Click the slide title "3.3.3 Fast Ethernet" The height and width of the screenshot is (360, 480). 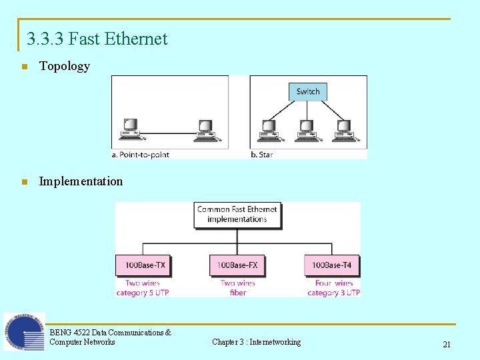click(97, 39)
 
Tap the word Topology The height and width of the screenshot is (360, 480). click(64, 66)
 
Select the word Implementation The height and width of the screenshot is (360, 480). click(81, 181)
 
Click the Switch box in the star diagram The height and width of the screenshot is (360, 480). click(308, 91)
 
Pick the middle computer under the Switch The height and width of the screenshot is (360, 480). click(307, 130)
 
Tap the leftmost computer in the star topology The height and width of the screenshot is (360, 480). click(269, 130)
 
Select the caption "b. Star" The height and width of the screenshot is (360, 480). click(262, 155)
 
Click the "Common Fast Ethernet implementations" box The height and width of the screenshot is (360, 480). click(237, 214)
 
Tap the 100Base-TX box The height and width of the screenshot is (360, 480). click(145, 265)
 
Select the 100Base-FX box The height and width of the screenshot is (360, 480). click(237, 265)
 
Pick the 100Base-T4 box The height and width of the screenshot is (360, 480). click(331, 265)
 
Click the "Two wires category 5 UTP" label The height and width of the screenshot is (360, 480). click(143, 288)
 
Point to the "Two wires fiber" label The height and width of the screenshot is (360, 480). click(237, 288)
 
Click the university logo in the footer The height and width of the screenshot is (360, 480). click(24, 332)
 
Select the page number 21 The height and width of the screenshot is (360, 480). click(447, 344)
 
